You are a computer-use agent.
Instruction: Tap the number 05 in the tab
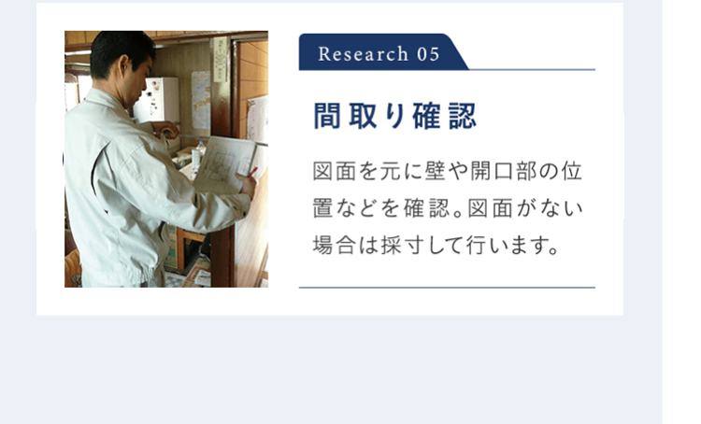click(428, 53)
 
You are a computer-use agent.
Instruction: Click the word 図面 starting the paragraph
click(336, 173)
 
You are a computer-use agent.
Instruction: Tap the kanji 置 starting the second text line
click(323, 209)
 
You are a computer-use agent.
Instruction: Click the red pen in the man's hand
click(252, 173)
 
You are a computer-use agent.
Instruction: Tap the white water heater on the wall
click(157, 98)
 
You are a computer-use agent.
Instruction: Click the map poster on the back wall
click(200, 98)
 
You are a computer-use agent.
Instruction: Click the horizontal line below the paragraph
click(447, 288)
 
